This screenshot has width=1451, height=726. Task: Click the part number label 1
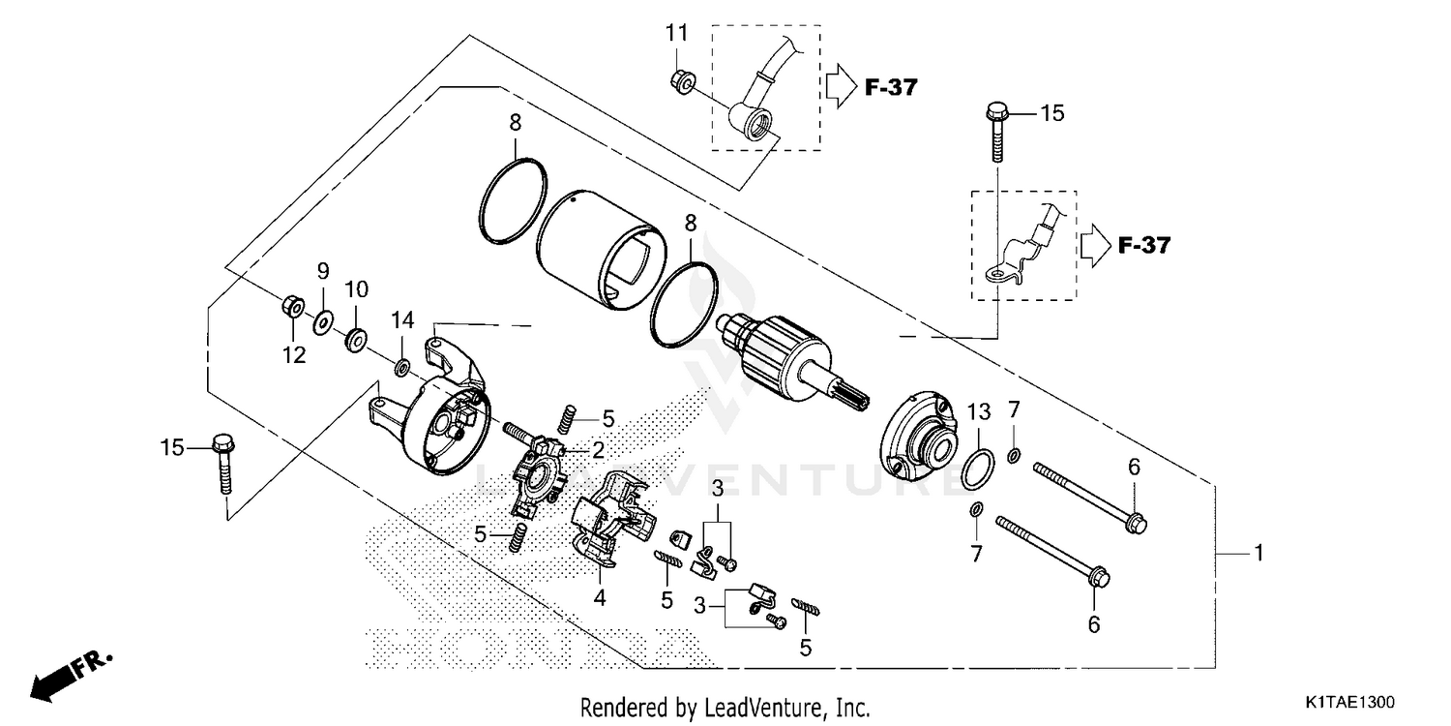pos(1259,554)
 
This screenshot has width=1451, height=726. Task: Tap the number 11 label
pos(676,34)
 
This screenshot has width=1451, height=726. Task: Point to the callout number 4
pos(600,598)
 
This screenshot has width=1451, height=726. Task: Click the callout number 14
pos(402,319)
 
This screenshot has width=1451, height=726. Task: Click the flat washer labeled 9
pos(323,318)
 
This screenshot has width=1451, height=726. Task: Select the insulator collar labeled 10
pos(356,339)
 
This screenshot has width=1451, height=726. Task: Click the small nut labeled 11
pos(679,83)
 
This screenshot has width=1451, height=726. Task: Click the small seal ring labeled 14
pos(401,367)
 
